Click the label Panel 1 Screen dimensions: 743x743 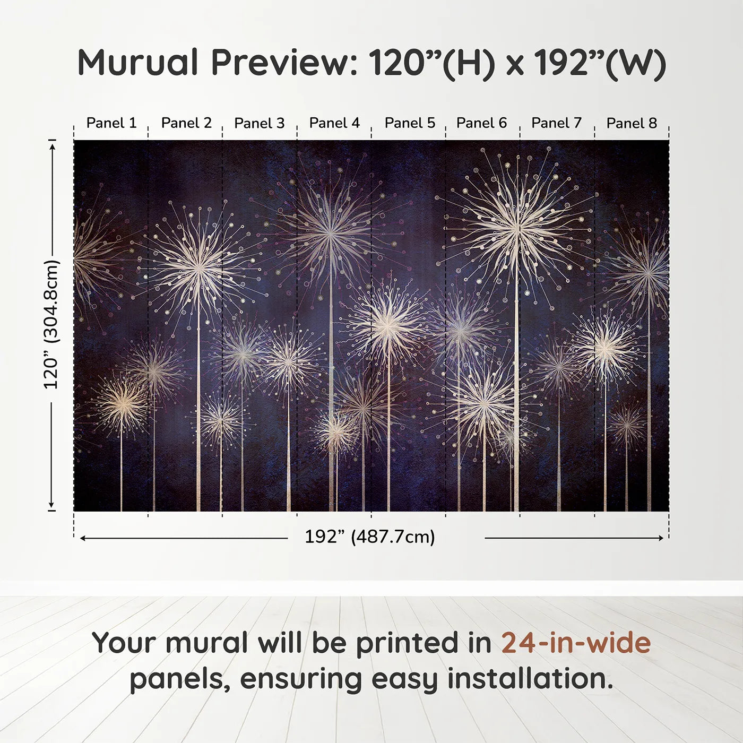pos(111,123)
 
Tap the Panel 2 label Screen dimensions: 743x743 pos(186,123)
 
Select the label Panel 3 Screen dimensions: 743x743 pos(260,123)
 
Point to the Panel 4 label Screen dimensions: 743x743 pos(334,123)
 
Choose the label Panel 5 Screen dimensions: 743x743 pos(410,123)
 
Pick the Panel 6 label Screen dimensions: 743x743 pos(481,123)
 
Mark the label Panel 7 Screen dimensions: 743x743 pos(556,123)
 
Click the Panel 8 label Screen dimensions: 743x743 pos(632,123)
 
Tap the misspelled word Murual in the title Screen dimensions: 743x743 pos(138,63)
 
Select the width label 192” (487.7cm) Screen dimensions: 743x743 pos(370,537)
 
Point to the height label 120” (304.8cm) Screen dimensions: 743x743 pos(51,325)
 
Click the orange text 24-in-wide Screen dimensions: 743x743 pos(576,643)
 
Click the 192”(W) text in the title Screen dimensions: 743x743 pos(600,63)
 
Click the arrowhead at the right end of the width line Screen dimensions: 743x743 pos(661,538)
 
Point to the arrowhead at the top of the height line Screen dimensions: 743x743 pos(52,145)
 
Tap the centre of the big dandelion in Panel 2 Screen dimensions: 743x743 pos(199,269)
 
